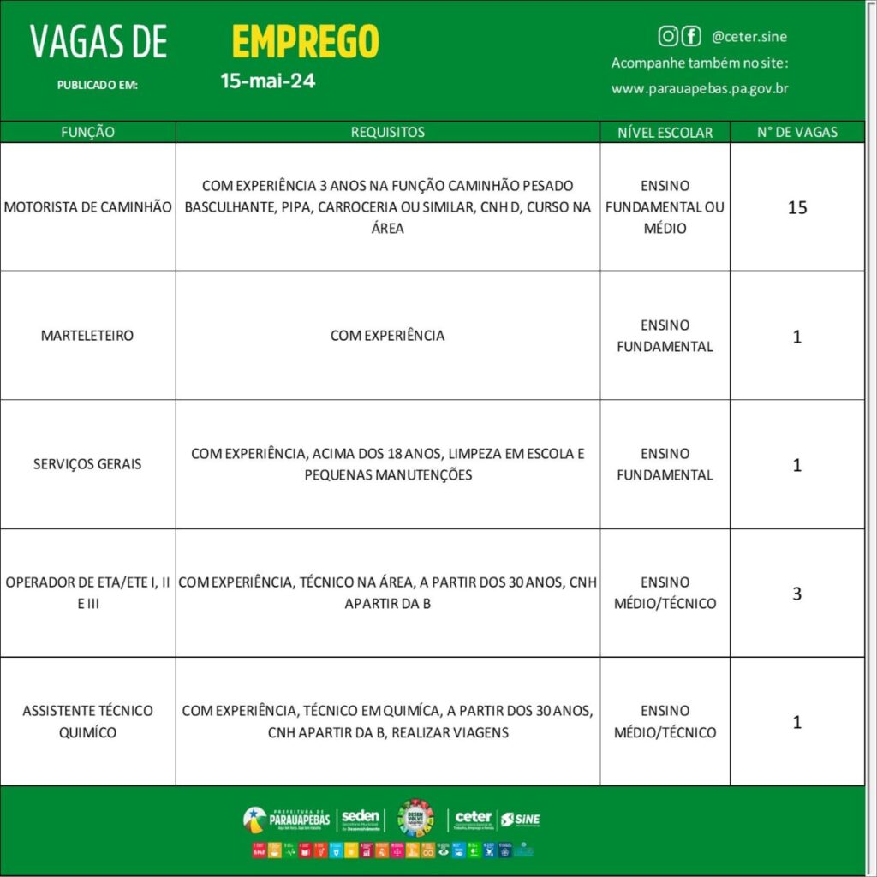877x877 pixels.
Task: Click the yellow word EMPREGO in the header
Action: pos(305,41)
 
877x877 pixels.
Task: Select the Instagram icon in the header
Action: pos(667,36)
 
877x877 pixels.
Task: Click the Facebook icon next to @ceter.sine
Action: pos(690,36)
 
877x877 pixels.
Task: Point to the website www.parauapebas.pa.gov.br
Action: pos(700,88)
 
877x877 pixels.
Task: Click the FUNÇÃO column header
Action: pos(87,132)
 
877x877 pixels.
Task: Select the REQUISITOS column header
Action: pos(387,132)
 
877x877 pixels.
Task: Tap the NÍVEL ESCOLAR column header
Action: pos(665,133)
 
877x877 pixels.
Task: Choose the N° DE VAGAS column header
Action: pos(797,132)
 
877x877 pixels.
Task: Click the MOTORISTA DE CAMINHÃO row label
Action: pos(88,207)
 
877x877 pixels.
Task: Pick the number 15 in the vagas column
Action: pos(797,207)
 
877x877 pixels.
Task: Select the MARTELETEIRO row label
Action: pos(87,336)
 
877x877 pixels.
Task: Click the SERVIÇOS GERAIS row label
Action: pos(88,464)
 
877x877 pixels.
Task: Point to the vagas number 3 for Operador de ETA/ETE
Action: pos(797,593)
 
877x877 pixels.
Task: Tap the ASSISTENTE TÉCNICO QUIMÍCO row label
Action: pos(88,721)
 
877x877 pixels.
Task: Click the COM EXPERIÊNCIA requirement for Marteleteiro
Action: pos(387,336)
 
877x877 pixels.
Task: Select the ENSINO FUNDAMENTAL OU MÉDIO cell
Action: pos(665,207)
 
